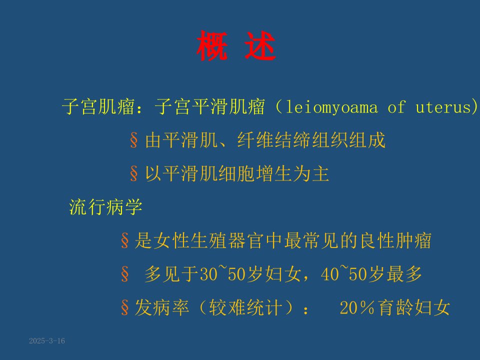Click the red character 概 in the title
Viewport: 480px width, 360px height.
pyautogui.click(x=212, y=46)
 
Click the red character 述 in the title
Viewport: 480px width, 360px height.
pyautogui.click(x=260, y=46)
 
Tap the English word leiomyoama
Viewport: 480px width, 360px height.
pyautogui.click(x=331, y=107)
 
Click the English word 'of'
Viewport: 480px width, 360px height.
pyautogui.click(x=396, y=107)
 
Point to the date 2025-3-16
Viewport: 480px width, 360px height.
pyautogui.click(x=47, y=340)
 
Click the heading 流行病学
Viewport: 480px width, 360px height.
pyautogui.click(x=105, y=207)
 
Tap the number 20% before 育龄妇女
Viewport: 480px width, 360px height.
pyautogui.click(x=357, y=307)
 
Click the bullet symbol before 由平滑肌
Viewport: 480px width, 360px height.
pyautogui.click(x=134, y=140)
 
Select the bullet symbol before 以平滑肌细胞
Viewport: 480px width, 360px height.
pyautogui.click(x=134, y=173)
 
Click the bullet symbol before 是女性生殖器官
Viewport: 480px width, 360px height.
pyautogui.click(x=124, y=240)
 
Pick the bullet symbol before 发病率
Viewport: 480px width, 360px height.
pyautogui.click(x=124, y=307)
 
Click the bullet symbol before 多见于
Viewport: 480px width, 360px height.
pyautogui.click(x=124, y=273)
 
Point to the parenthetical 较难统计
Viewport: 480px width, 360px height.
pyautogui.click(x=245, y=307)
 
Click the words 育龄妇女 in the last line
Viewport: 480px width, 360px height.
pyautogui.click(x=414, y=307)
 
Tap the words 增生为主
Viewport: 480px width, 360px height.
pyautogui.click(x=292, y=173)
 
